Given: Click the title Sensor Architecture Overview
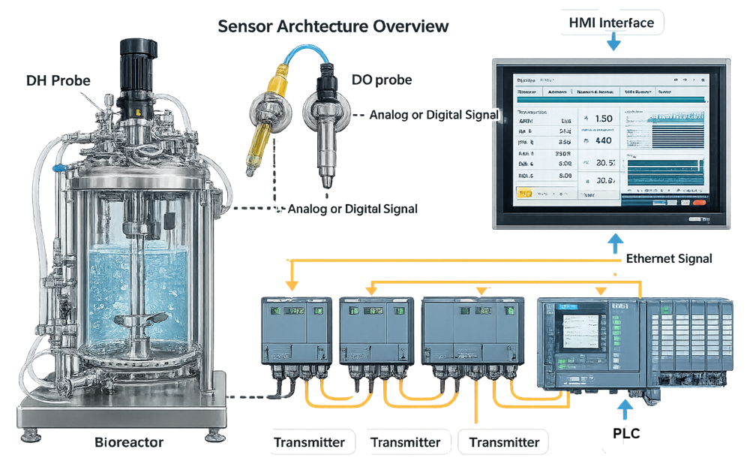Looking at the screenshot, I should pos(333,26).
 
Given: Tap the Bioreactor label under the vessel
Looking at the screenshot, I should pos(130,442).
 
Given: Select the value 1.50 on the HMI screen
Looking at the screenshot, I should pos(603,118).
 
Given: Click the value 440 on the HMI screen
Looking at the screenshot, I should pos(603,140).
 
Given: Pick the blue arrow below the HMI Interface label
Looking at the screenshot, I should pos(613,44).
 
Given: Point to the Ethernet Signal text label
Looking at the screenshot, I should pos(668,259).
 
